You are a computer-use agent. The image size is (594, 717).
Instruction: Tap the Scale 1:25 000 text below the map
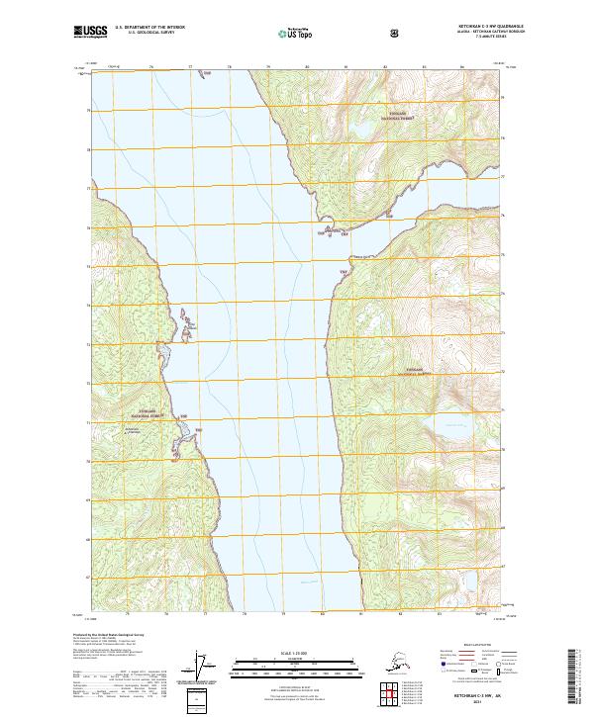point(294,653)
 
